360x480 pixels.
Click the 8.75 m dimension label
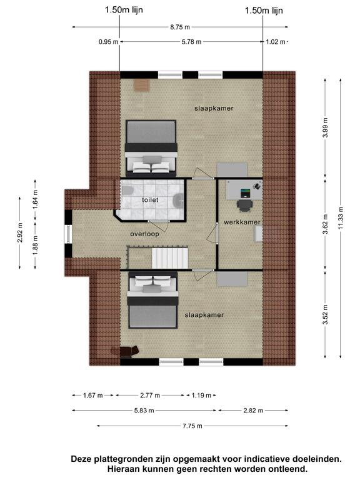[x=180, y=27]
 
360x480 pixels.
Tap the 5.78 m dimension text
[x=191, y=42]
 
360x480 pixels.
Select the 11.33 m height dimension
[x=341, y=219]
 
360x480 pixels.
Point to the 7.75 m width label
[x=192, y=426]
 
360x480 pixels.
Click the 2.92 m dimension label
[x=20, y=232]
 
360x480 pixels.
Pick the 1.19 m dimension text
[x=201, y=395]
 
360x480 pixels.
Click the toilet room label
[x=150, y=200]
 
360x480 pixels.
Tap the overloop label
[x=144, y=234]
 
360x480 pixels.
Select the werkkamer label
[x=242, y=222]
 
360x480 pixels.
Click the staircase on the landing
[x=170, y=258]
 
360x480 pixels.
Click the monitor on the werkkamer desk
[x=245, y=193]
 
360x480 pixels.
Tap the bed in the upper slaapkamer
[x=151, y=149]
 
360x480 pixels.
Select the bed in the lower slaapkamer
[x=152, y=300]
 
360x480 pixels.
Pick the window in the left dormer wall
[x=67, y=234]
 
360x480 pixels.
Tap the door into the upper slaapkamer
[x=203, y=173]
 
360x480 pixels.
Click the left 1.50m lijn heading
[x=124, y=10]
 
